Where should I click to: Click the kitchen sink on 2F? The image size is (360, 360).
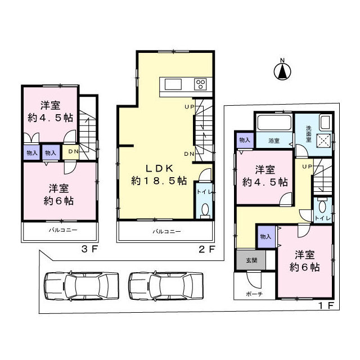[x=172, y=84]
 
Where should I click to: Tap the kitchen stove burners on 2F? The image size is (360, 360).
[x=201, y=84]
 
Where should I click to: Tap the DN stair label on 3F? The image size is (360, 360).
[x=73, y=151]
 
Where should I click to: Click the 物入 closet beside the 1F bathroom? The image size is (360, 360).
[x=244, y=140]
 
